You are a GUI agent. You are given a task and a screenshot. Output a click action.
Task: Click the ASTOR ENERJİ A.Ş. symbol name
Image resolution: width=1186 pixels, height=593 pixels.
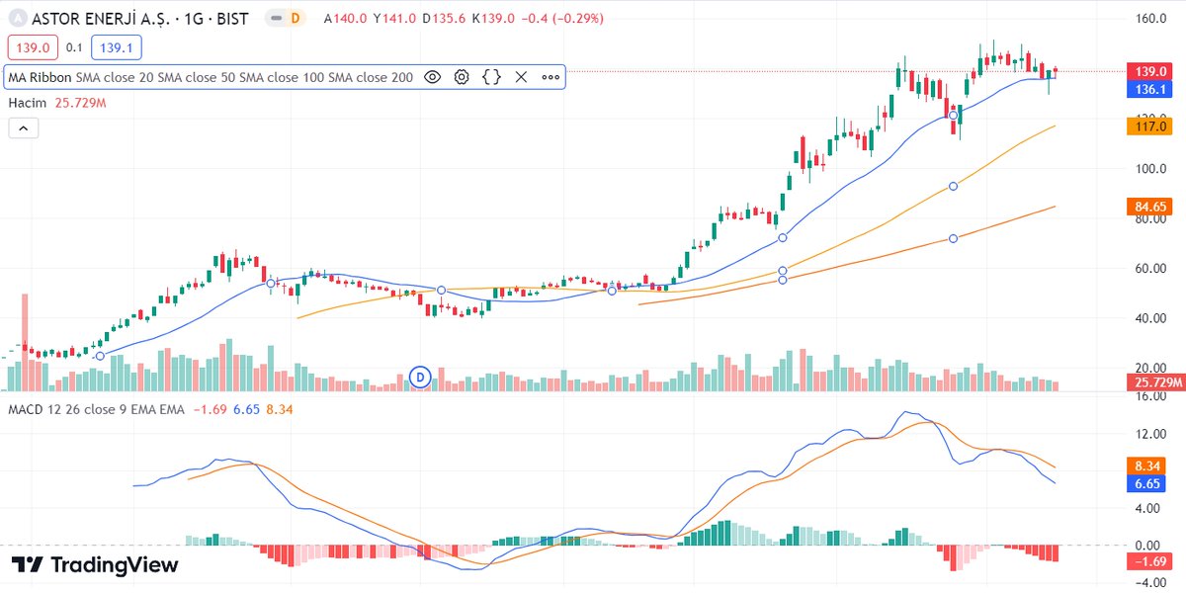point(117,19)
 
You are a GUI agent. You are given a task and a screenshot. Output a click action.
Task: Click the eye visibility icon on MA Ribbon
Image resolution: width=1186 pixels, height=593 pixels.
point(432,77)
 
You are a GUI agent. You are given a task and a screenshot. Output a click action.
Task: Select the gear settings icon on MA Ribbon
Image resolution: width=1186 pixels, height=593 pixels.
point(462,77)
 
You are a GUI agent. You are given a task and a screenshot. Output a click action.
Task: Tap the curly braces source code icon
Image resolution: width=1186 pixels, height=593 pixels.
point(491,77)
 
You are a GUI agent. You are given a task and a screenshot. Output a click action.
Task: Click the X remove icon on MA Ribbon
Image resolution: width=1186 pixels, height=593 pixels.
point(521,77)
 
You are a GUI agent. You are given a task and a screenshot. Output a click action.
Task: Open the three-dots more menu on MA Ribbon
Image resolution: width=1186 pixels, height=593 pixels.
point(551,77)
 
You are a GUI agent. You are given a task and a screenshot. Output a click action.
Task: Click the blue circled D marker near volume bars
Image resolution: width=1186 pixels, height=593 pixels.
point(421,378)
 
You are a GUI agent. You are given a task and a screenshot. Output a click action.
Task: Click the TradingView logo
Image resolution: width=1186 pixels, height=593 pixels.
point(96,565)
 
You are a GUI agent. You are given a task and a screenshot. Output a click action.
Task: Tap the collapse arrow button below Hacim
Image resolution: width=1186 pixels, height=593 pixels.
point(23,127)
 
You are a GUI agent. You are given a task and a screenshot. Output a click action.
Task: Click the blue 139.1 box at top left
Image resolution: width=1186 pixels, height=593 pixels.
point(115,46)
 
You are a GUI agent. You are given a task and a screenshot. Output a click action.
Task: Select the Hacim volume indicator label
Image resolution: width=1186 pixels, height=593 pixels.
point(29,103)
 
